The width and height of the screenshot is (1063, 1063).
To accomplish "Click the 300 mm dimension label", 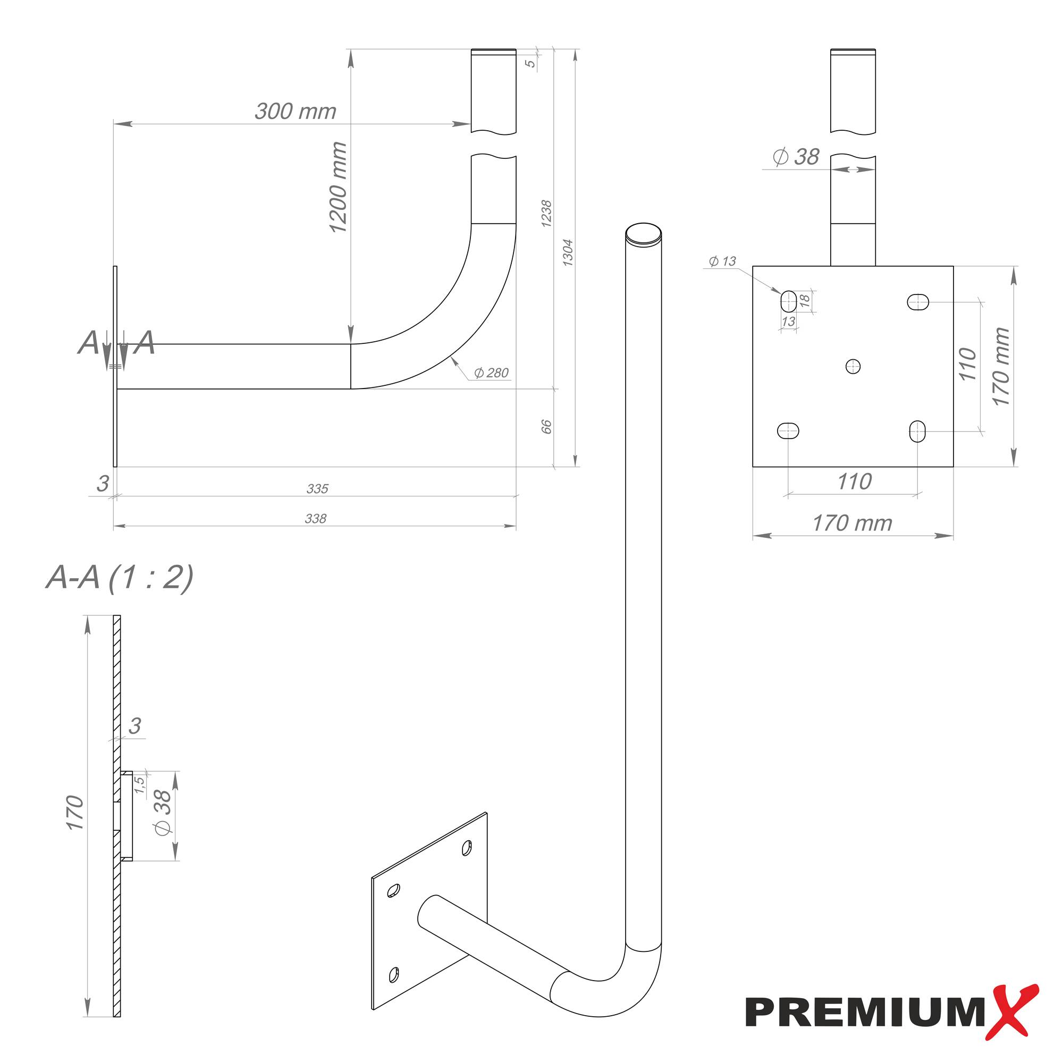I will point(295,111).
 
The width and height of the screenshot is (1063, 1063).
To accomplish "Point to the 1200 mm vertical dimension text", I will point(338,187).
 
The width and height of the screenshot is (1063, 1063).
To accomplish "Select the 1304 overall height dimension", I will point(568,253).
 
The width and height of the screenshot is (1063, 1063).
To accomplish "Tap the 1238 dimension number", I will point(546,214).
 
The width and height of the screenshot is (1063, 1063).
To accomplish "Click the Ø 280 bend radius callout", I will point(491,373).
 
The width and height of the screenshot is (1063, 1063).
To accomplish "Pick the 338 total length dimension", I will point(315,518).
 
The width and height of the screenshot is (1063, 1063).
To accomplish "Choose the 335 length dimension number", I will point(317,488).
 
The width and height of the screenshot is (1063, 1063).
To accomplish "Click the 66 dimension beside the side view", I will point(546,426).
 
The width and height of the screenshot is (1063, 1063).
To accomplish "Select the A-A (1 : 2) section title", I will point(120,577).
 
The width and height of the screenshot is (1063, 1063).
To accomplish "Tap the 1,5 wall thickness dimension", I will point(140,783).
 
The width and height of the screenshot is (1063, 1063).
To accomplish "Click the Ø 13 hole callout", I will point(722,261).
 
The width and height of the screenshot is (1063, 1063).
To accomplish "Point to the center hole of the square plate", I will point(853,366).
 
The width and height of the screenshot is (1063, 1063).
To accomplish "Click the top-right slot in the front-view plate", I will point(917,301).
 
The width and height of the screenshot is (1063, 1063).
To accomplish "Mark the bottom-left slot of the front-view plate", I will point(788,431).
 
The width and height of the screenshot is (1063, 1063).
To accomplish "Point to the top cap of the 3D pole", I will point(643,233).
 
